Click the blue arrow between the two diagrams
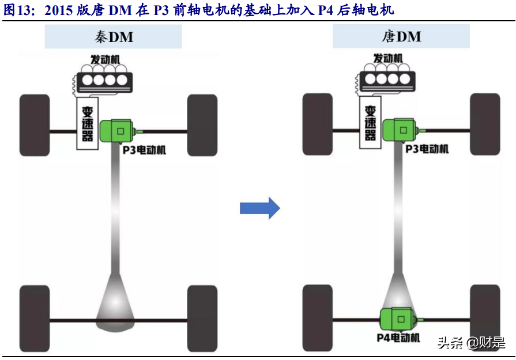pos(259,208)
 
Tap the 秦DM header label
pos(114,37)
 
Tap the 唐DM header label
pos(401,37)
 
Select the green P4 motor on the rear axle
pos(397,319)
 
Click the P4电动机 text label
pos(398,338)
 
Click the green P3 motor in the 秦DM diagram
pos(118,131)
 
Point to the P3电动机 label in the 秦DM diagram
pos(144,150)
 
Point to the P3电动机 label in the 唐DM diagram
pos(427,149)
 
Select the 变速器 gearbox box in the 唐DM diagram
pos(370,123)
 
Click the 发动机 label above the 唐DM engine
pos(387,59)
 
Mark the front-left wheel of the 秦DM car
pos(35,123)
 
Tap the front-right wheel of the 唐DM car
pos(485,123)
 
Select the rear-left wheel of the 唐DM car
pos(317,317)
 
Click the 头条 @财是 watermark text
pos(471,343)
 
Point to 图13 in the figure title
pos(19,11)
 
